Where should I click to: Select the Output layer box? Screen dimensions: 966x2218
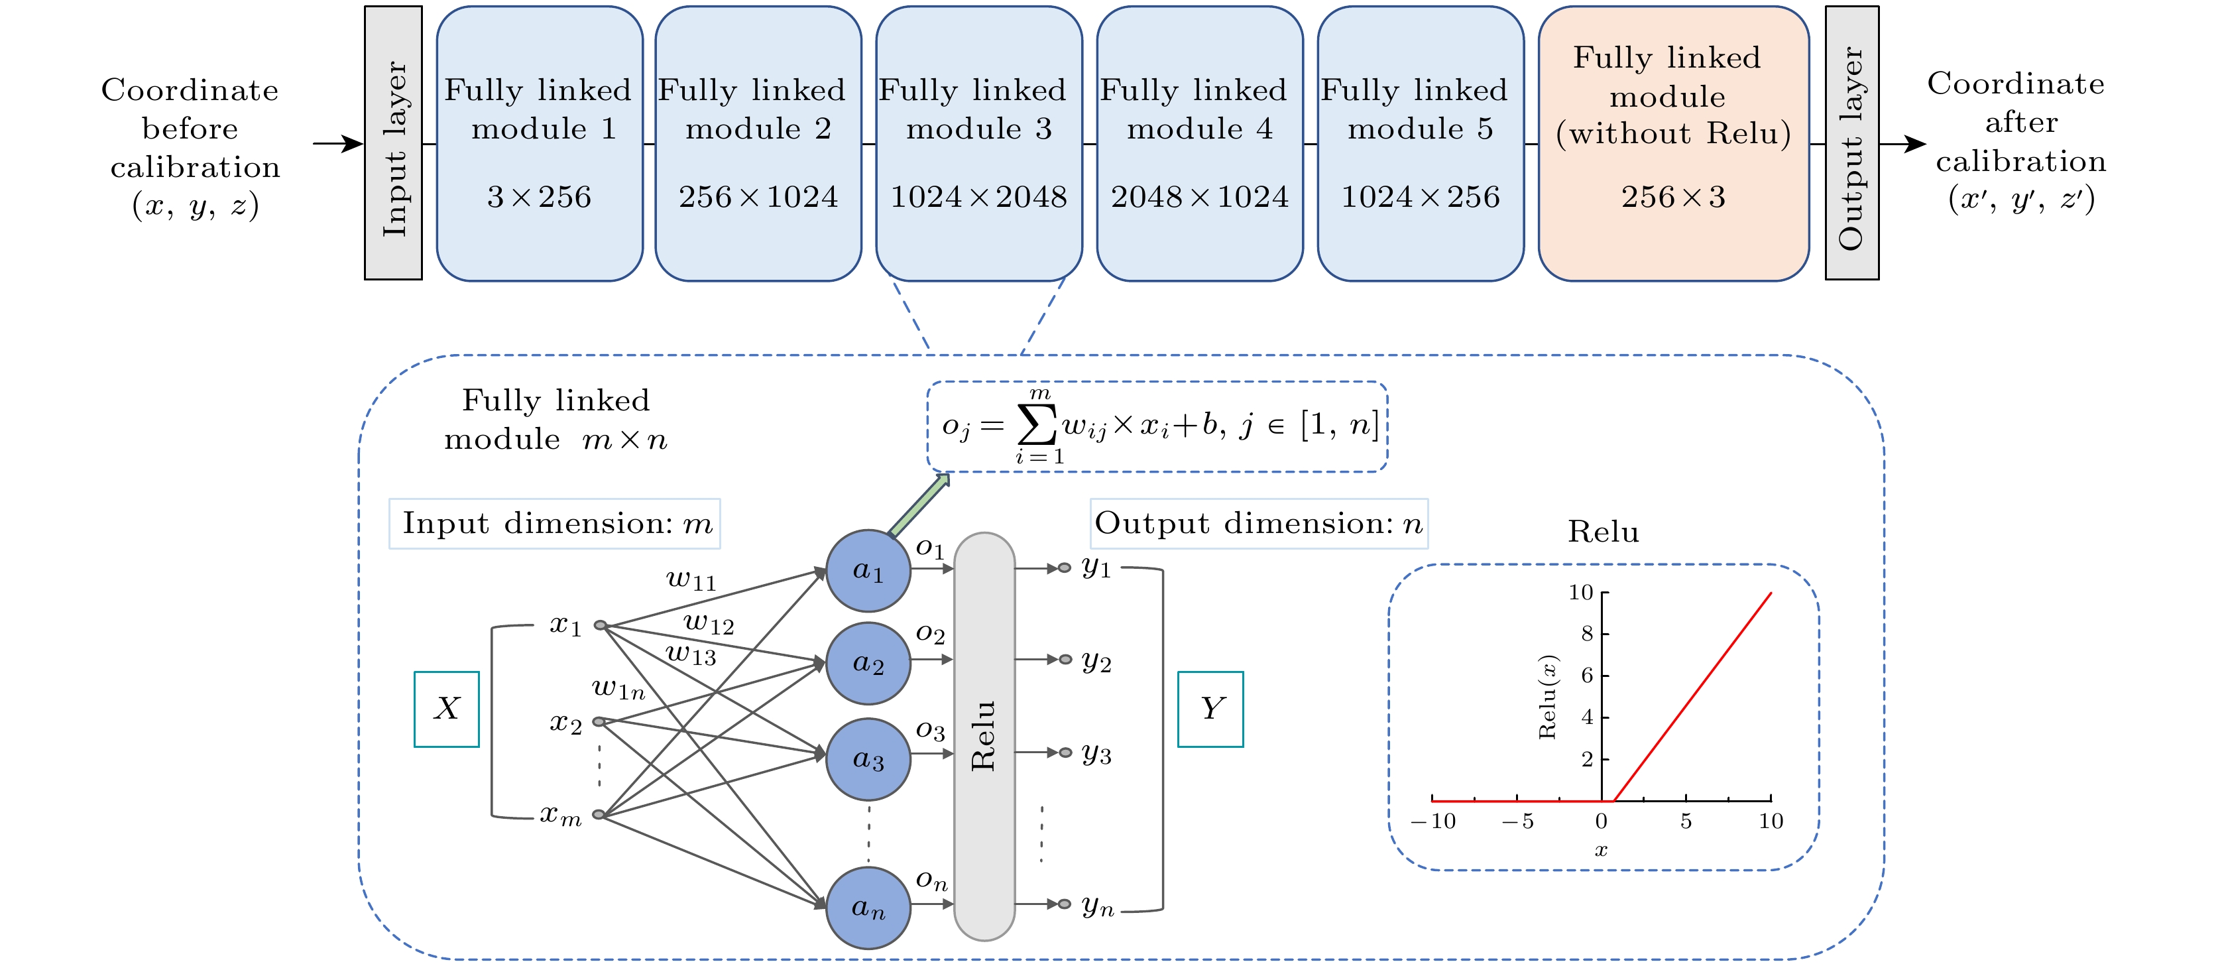[1851, 143]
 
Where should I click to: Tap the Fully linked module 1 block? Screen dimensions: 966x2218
[539, 143]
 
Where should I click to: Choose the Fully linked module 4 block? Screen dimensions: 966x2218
[1198, 143]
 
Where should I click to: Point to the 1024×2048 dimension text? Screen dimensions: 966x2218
[978, 197]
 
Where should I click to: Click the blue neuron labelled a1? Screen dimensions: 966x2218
[868, 571]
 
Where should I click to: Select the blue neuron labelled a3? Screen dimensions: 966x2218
[868, 759]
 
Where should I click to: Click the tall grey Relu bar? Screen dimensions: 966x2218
[984, 736]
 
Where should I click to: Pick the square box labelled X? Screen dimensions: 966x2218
[446, 709]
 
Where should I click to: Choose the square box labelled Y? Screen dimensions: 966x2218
[1210, 709]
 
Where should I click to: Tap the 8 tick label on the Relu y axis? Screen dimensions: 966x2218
[1587, 634]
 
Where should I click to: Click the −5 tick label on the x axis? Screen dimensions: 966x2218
[1517, 821]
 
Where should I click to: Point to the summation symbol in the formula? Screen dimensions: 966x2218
[1037, 424]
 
